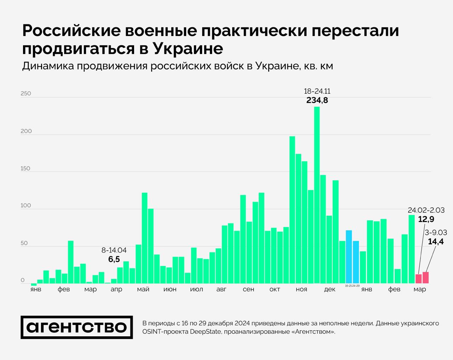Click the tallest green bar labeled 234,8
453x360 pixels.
click(317, 194)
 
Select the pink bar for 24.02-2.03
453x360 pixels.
click(419, 279)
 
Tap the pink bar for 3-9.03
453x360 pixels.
click(425, 278)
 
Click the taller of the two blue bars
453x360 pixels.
click(349, 257)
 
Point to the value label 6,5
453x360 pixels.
click(114, 259)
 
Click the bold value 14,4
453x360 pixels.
click(436, 242)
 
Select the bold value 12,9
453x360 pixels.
click(426, 219)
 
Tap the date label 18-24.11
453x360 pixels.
click(317, 91)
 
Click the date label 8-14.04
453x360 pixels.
click(114, 250)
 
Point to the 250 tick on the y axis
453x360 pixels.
click(26, 94)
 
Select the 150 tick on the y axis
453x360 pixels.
click(26, 169)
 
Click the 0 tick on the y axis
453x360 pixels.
click(23, 280)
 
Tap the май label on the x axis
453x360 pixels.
click(143, 289)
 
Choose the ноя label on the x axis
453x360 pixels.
click(302, 289)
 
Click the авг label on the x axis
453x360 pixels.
click(222, 289)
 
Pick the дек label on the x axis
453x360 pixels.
click(329, 289)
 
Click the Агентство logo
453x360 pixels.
click(77, 327)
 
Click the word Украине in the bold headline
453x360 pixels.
click(188, 48)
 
